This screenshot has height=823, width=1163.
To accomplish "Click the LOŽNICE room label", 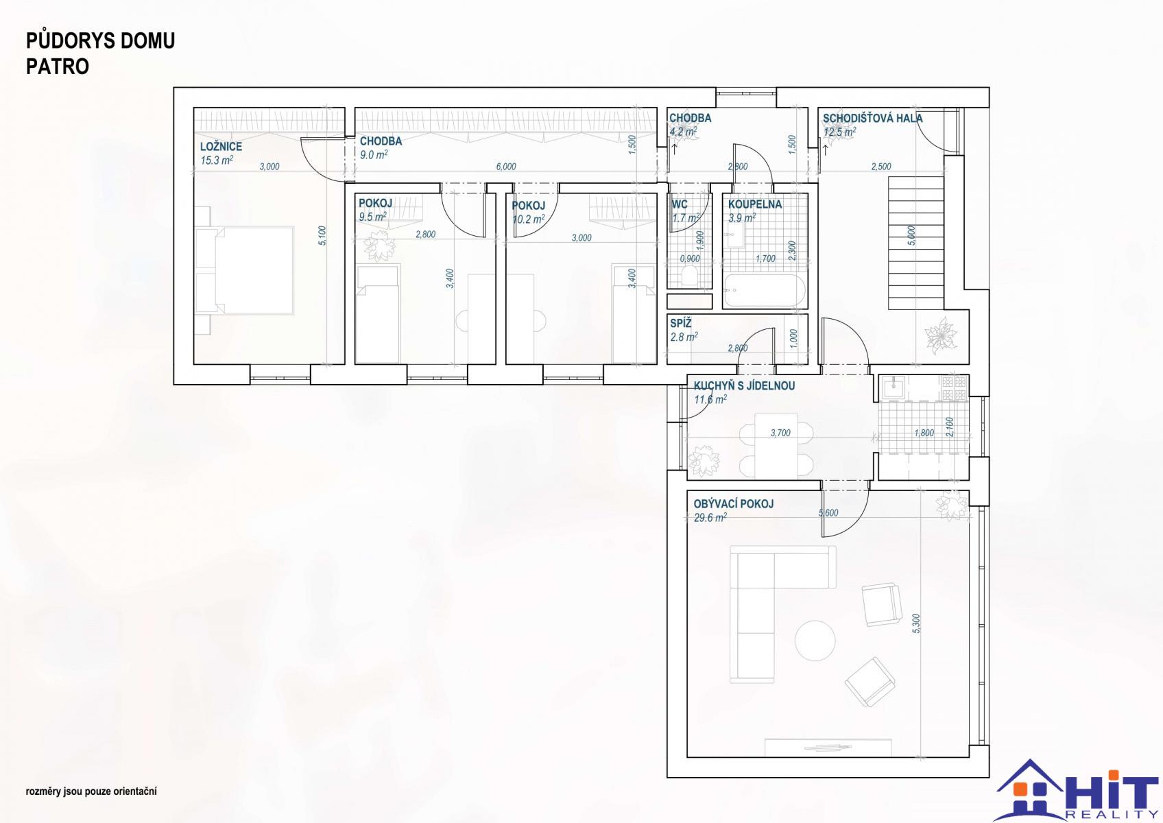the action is [221, 147].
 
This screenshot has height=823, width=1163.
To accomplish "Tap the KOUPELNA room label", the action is [755, 204].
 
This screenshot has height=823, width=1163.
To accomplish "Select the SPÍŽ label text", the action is [681, 323].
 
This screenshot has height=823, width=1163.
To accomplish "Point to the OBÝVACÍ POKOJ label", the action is [734, 503].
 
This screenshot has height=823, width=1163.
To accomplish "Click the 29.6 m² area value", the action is [710, 518].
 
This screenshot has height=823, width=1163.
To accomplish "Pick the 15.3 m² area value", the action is [217, 160].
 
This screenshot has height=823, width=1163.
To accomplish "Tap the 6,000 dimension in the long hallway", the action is [506, 167].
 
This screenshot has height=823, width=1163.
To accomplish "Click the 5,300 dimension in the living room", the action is [916, 623].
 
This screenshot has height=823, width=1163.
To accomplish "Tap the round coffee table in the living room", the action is [815, 641].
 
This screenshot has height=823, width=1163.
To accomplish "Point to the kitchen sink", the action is [893, 387].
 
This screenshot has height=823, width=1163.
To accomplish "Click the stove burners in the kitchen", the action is [955, 388].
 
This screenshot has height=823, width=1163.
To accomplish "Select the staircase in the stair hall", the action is [916, 243].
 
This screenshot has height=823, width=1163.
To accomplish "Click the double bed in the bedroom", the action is [244, 270].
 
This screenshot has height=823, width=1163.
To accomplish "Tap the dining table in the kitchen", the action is [776, 446].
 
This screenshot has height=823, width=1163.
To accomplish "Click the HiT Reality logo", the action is [1077, 790].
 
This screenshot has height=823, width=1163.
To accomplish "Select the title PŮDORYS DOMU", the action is [101, 40].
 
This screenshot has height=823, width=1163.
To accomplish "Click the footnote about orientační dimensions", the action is [91, 791].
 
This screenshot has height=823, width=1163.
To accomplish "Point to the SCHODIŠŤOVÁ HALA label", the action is [873, 119].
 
